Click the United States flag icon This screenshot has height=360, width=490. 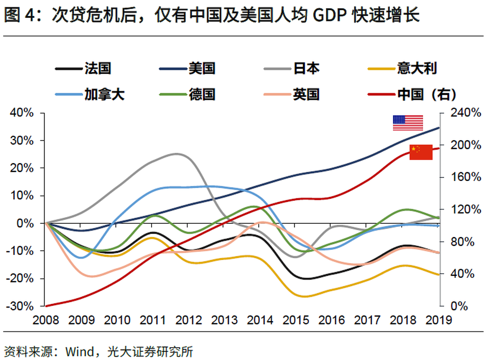408,123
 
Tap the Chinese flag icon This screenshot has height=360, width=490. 421,152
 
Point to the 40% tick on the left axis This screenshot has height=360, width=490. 21,113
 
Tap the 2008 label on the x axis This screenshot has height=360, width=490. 45,320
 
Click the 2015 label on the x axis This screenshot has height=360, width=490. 296,320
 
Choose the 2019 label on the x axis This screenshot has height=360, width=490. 439,320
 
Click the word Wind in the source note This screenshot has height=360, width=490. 79,351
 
